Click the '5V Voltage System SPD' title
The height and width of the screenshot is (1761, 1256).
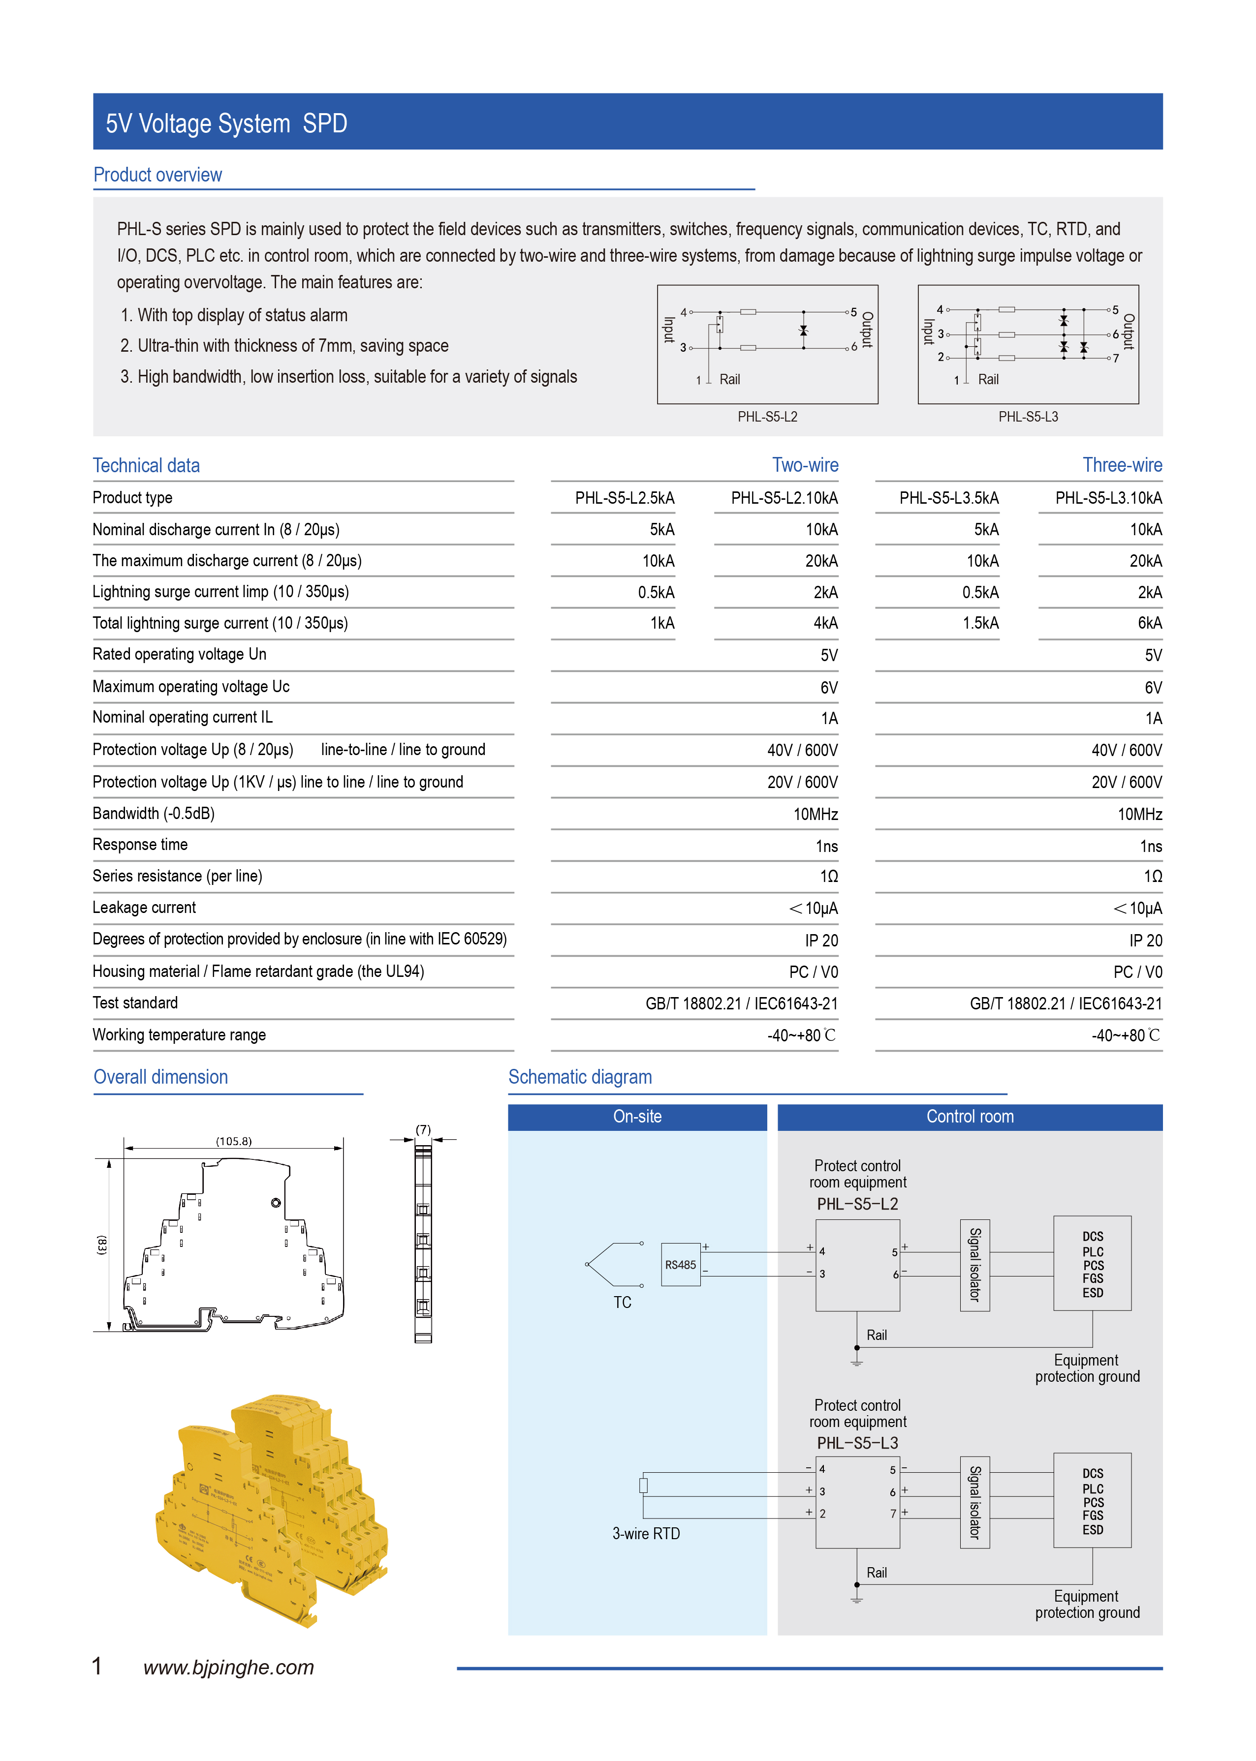point(226,123)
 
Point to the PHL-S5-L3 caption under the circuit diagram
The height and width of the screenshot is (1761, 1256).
point(1027,417)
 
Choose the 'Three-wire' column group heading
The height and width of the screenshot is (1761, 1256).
point(1122,465)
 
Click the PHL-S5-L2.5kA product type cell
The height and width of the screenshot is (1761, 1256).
point(624,498)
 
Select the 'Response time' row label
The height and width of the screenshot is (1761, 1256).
point(140,844)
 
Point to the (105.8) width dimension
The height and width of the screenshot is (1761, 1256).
point(234,1141)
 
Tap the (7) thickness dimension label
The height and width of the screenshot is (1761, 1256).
point(423,1129)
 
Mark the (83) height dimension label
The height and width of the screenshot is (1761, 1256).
point(102,1245)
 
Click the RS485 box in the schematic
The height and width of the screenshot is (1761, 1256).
point(681,1265)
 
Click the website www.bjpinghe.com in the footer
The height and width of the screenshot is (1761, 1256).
point(228,1668)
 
